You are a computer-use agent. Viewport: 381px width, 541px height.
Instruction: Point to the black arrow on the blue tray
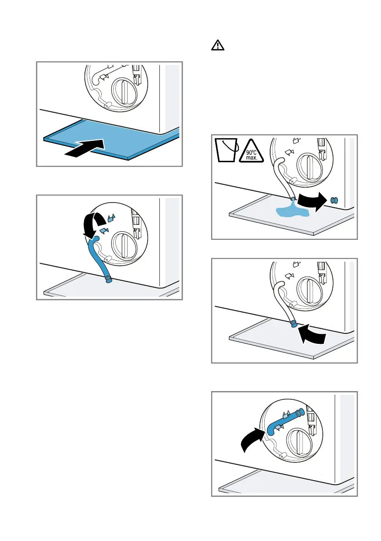pos(85,150)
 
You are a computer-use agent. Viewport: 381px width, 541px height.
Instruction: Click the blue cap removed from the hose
pos(335,199)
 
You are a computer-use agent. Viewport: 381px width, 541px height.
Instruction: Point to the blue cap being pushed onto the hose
pos(294,323)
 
